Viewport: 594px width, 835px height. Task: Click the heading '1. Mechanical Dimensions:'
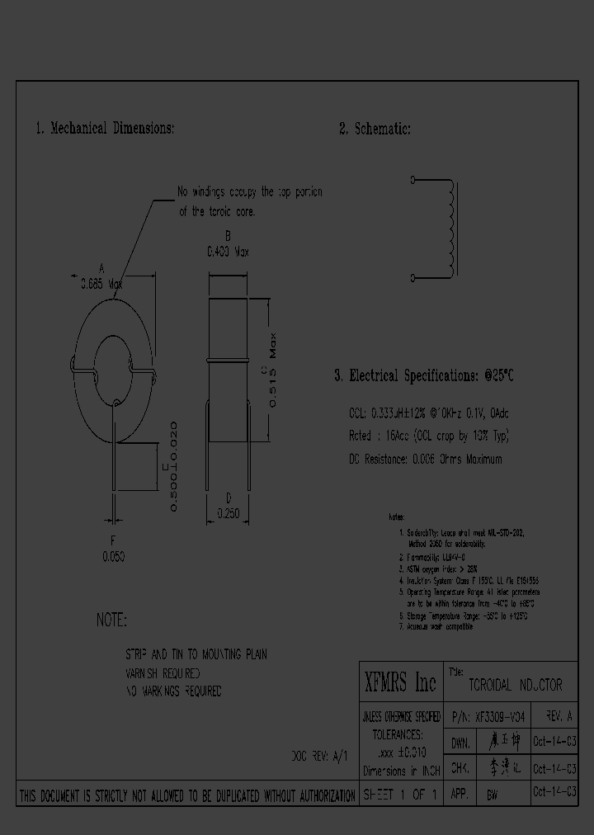pos(104,129)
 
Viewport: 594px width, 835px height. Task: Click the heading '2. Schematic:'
pos(375,129)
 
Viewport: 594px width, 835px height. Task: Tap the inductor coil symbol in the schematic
pos(450,228)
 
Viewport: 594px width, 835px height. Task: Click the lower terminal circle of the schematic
pos(413,276)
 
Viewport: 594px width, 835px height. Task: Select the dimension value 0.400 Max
pos(227,251)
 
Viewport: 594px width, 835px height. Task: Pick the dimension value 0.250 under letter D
pos(228,513)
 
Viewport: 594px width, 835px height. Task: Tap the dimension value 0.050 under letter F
pos(114,557)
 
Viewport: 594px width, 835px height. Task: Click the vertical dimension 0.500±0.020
pos(174,466)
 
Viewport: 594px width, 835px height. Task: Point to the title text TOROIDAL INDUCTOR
pos(515,685)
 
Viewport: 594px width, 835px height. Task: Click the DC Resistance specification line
pos(425,459)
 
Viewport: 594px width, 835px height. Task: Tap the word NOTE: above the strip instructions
pos(111,620)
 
